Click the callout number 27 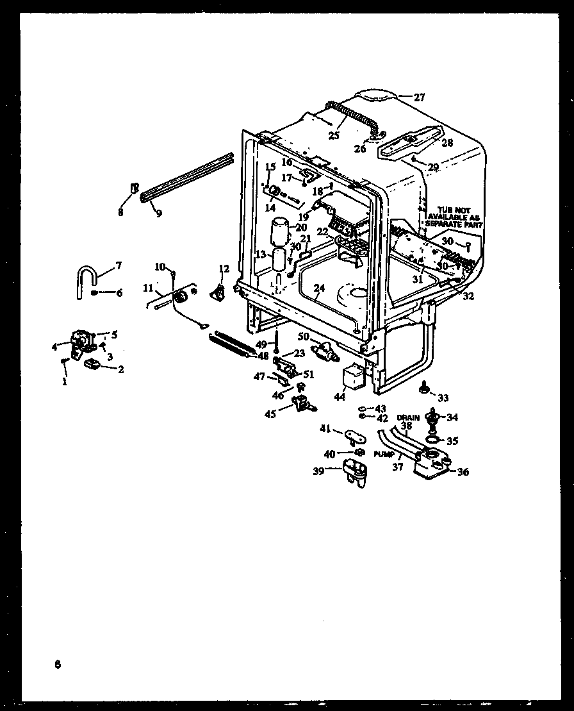pos(419,97)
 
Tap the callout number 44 pos(340,397)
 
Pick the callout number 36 pos(463,472)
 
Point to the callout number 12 pos(224,268)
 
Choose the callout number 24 pos(320,288)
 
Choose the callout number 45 pos(270,414)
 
